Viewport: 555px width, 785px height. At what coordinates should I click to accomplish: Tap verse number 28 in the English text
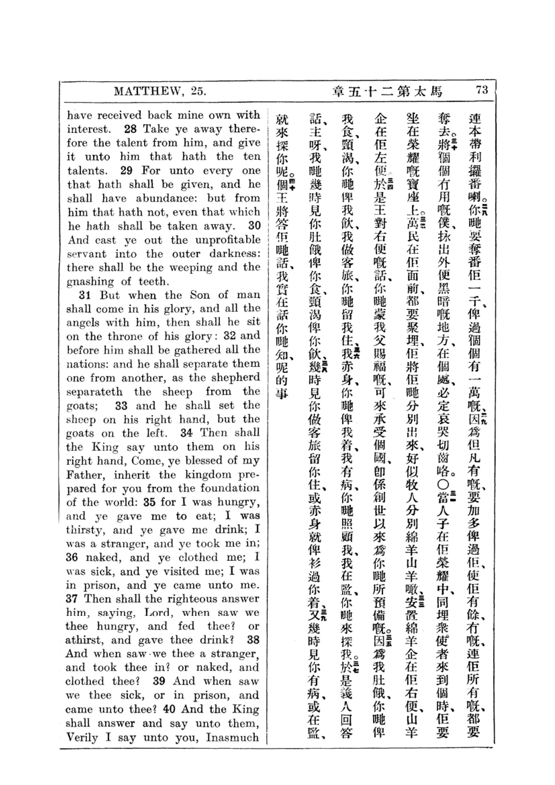tap(130, 129)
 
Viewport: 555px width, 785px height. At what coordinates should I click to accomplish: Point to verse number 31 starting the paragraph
tap(85, 295)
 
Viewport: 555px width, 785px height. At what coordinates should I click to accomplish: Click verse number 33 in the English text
tap(122, 406)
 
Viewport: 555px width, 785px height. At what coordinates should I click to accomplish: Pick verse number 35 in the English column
tap(149, 502)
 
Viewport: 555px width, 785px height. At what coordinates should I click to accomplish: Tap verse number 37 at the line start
tap(72, 599)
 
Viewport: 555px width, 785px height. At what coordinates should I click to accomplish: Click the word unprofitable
tap(228, 240)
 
